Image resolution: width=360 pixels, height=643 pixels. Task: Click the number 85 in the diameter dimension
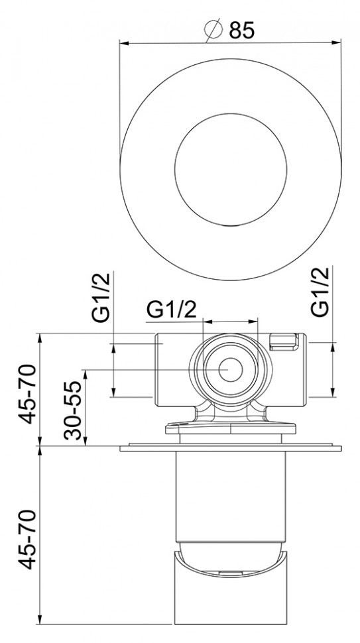241,30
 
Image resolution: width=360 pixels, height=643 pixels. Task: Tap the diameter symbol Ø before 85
213,30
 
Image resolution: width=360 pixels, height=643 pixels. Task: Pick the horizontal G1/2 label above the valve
172,309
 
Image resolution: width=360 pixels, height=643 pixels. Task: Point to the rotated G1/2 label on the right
320,292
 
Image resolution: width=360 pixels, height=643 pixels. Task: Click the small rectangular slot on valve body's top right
284,341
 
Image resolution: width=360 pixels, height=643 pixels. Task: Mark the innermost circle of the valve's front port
230,369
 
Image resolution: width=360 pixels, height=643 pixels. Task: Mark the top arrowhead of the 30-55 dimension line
84,371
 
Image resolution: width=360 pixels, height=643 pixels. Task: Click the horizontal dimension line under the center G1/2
229,321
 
